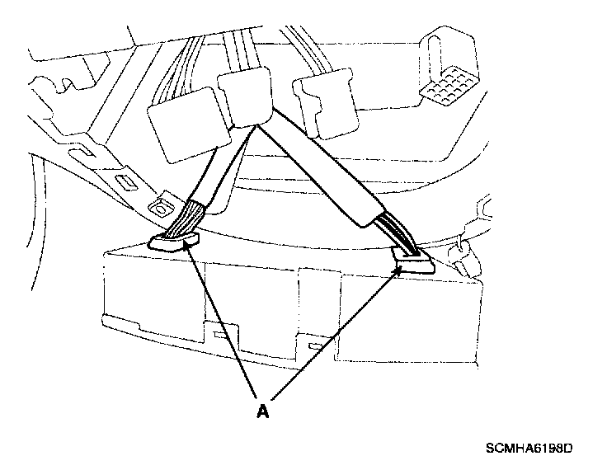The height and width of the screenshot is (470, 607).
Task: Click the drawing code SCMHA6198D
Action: [528, 449]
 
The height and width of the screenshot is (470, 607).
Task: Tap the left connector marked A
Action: [173, 241]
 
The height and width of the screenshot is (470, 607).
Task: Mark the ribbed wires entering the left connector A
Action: [182, 219]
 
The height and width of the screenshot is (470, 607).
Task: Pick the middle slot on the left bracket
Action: [125, 182]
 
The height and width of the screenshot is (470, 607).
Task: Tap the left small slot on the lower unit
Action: [220, 336]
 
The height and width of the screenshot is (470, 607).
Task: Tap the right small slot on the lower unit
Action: [313, 341]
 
